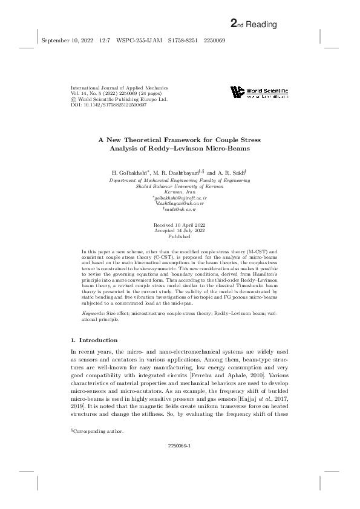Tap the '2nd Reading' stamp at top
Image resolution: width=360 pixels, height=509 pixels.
coord(254,24)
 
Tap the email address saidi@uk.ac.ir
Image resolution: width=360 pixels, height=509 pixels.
coord(180,209)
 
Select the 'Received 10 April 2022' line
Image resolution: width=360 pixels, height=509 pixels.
coord(180,225)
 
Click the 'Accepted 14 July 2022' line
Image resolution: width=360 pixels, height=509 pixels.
coord(180,230)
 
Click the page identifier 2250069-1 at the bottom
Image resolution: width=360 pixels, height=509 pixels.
coord(180,462)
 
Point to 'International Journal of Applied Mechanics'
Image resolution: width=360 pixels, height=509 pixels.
coord(119,88)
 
